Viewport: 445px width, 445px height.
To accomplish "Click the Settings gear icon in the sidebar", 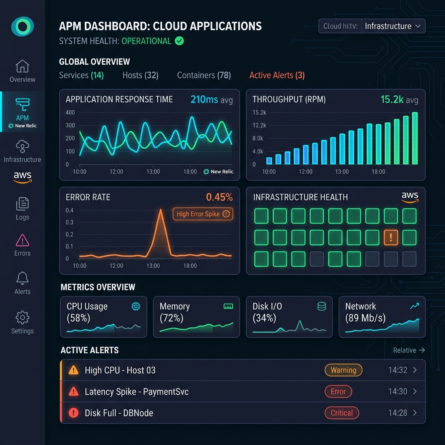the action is pos(23,317).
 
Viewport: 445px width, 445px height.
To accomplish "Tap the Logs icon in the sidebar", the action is pos(23,204).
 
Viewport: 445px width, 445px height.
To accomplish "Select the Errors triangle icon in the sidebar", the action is pos(23,240).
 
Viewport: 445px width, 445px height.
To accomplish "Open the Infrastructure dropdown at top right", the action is pos(393,26).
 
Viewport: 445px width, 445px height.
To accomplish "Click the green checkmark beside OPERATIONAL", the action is pos(179,41).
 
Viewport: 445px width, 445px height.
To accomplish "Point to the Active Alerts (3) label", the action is pos(277,75).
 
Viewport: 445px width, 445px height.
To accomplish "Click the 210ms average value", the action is pos(204,100).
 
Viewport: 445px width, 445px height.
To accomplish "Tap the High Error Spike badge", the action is pos(203,214).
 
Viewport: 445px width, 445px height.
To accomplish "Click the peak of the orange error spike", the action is pos(161,209).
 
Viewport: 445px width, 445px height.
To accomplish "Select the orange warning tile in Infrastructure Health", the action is pos(391,237).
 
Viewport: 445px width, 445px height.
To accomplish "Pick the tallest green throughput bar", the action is pos(415,138).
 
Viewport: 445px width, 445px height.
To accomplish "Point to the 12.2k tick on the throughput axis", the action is pos(259,125).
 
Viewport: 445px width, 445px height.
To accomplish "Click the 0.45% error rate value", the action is pos(219,197).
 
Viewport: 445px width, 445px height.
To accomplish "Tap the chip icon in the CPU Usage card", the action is pos(136,306).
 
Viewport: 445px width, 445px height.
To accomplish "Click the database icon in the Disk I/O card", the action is pos(322,306).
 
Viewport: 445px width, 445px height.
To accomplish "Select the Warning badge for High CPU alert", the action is pos(343,370).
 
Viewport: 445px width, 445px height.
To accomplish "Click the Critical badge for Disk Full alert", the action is pos(342,413).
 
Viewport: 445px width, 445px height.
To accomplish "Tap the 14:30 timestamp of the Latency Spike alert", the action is pos(398,392).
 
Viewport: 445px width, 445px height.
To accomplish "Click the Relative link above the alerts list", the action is pos(405,350).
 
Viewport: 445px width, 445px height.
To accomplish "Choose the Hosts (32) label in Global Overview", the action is pos(140,75).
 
